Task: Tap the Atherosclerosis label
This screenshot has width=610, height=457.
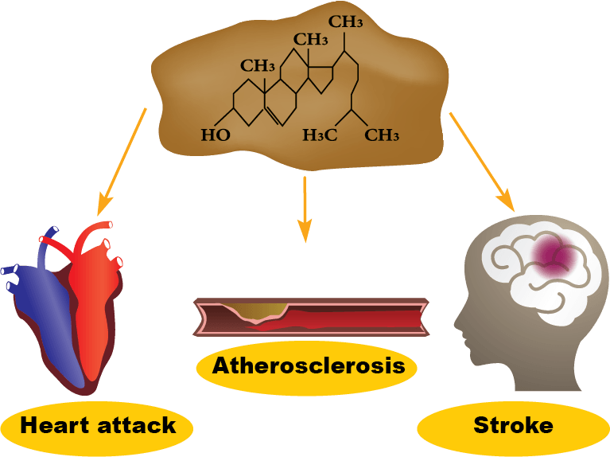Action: tap(309, 366)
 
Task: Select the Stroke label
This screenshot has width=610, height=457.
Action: tap(513, 426)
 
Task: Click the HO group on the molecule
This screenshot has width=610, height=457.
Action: tap(215, 135)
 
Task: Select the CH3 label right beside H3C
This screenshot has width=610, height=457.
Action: tap(382, 135)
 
